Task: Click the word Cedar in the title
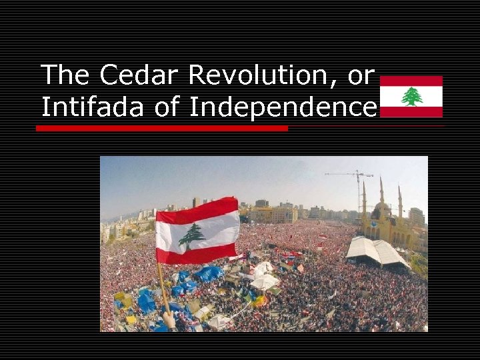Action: tap(141, 75)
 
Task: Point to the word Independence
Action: tap(283, 107)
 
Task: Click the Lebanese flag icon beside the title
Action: tap(411, 97)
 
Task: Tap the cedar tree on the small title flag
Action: tap(411, 97)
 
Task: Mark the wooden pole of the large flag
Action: tap(163, 287)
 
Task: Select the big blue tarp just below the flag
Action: tap(208, 273)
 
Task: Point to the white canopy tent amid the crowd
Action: tap(265, 281)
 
